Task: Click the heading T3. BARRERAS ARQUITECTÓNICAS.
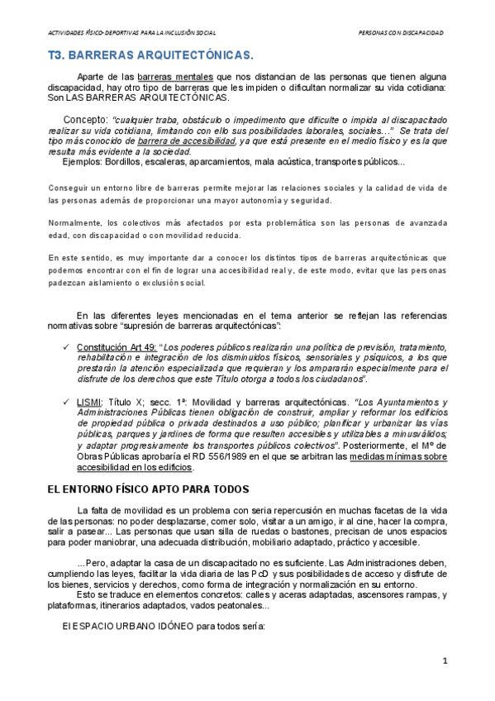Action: click(149, 55)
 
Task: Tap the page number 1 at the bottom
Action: click(445, 660)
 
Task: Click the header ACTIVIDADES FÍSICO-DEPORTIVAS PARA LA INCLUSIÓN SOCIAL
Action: click(132, 32)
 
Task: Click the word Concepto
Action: click(85, 118)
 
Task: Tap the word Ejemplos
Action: click(83, 161)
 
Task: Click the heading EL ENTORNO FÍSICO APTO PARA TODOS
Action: click(154, 489)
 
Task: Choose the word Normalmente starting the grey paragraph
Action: click(74, 224)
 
